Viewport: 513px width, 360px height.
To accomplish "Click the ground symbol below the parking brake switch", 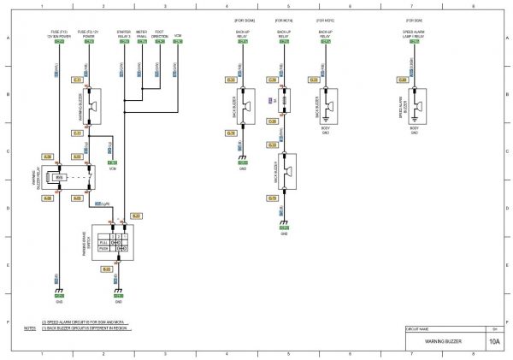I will click(x=118, y=290).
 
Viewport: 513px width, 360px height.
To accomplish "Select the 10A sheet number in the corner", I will click(x=494, y=341).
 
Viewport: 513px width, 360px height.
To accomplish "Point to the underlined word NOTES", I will click(x=30, y=328).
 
